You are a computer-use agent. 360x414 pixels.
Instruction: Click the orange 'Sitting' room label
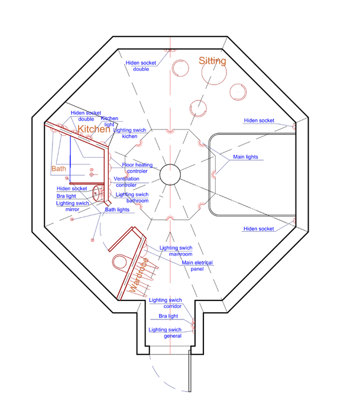pos(212,61)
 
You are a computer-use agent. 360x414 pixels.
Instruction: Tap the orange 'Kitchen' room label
pos(94,130)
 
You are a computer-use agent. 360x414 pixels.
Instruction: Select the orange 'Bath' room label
pos(59,169)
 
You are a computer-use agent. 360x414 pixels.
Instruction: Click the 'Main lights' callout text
pos(245,157)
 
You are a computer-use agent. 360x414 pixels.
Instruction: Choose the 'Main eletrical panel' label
pos(197,266)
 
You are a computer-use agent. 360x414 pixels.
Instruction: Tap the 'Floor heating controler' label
pos(137,168)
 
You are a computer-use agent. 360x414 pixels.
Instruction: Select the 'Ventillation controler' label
pos(127,182)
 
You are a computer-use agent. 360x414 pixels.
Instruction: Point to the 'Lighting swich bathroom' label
pos(132,198)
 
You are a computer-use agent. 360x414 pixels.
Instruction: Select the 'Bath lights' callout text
pos(117,210)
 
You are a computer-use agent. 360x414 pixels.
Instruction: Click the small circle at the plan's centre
pos(170,174)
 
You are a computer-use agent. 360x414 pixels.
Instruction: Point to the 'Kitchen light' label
pos(109,122)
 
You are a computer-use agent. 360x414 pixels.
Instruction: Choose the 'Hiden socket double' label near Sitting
pos(141,66)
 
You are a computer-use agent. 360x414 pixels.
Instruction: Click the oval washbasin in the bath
pos(96,192)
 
